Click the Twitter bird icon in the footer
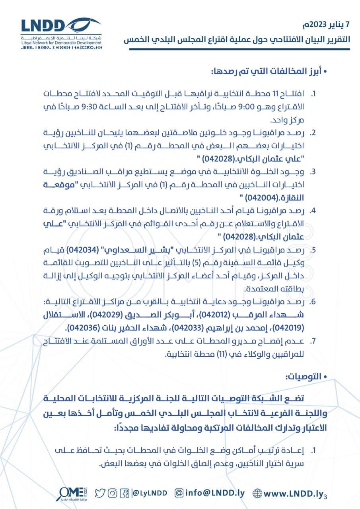pyautogui.click(x=100, y=493)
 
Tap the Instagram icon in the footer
pyautogui.click(x=113, y=493)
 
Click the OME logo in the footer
pyautogui.click(x=71, y=493)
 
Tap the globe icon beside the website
pyautogui.click(x=258, y=493)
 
